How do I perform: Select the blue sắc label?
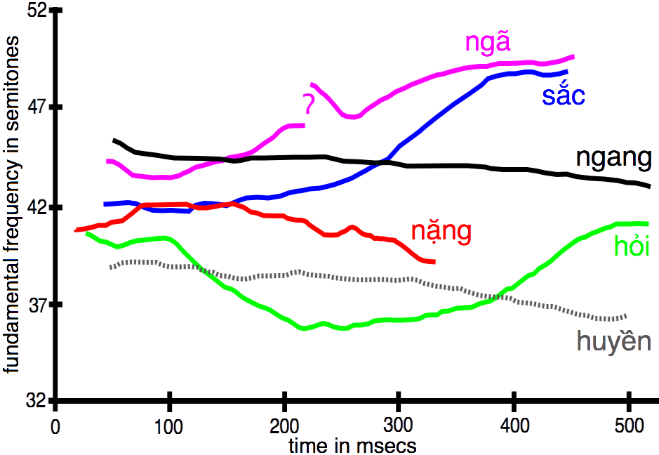pos(563,95)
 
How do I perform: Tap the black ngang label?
pos(613,158)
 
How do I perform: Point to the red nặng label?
pos(441,232)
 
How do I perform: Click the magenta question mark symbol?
pos(309,104)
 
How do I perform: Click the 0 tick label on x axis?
pos(55,427)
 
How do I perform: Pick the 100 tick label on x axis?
pos(169,427)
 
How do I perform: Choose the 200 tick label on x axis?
pos(284,427)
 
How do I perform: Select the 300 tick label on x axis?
pos(399,427)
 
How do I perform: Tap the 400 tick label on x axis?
pos(514,427)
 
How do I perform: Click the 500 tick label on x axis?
pos(629,427)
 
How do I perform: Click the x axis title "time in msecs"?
pos(352,444)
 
